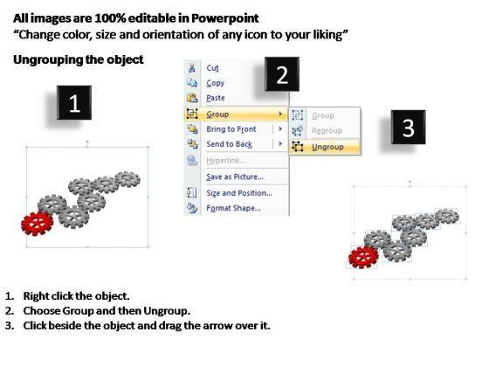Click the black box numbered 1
coord(74,103)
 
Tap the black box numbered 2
coord(282,74)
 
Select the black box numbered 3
coord(409,127)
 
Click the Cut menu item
coord(212,68)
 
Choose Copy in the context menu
coord(215,83)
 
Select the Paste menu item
coord(216,98)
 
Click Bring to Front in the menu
coord(231,129)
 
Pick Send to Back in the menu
coord(229,144)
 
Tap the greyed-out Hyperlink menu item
coord(226,161)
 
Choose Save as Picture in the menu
coord(235,177)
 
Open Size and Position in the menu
coord(239,193)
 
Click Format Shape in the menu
coord(234,208)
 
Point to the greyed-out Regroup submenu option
coord(327,131)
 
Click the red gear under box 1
coord(37,223)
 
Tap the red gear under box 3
coord(363,257)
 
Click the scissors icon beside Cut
coord(192,68)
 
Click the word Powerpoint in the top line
coord(225,18)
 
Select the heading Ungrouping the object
coord(79,59)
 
